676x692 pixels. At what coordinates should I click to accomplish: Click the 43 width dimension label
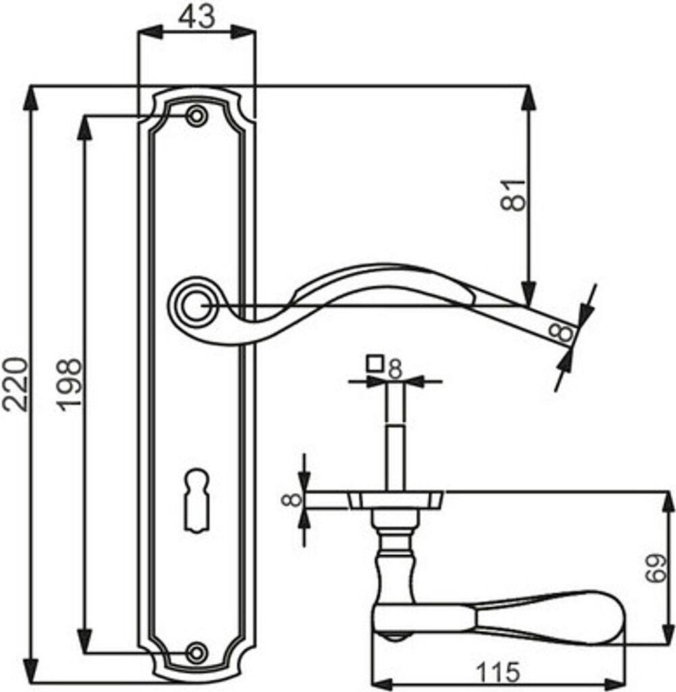point(197,17)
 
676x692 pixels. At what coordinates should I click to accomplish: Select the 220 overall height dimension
point(16,385)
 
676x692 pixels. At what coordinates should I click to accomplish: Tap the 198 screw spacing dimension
point(70,385)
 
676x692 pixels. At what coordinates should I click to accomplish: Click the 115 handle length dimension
point(498,672)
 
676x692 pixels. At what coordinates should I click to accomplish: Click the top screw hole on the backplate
point(197,116)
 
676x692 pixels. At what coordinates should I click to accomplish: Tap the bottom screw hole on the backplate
point(197,652)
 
